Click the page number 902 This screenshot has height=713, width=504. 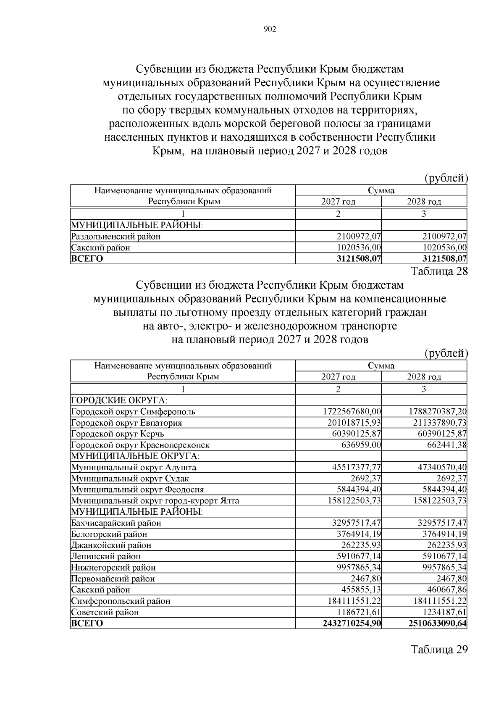[269, 29]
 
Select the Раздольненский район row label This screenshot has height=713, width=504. [116, 237]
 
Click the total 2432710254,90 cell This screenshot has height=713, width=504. [352, 623]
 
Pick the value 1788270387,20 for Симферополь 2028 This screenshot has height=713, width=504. [438, 412]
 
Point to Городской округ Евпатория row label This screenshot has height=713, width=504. [126, 423]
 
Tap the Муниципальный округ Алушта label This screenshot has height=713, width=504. [134, 467]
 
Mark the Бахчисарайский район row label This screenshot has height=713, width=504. [116, 523]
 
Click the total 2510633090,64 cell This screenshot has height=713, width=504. [438, 623]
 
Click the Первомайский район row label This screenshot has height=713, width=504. [113, 579]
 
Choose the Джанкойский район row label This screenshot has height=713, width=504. [111, 545]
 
